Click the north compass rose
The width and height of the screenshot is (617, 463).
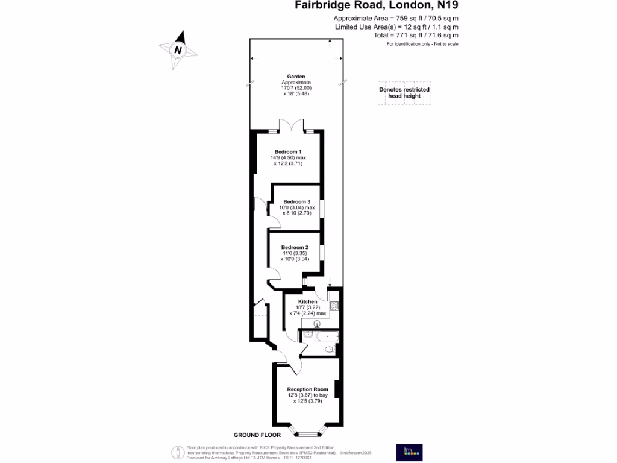coord(178,50)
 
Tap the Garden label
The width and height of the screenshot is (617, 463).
coord(296,77)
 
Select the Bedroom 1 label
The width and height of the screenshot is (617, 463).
coord(288,151)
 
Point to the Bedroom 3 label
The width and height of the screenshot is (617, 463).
coord(296,201)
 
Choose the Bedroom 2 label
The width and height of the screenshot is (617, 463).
coord(295,247)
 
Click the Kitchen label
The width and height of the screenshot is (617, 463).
coord(308,301)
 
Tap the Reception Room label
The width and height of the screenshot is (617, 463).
coord(307,389)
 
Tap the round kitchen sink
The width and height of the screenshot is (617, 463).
coord(318,324)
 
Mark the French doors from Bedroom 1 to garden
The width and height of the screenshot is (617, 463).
coord(292,126)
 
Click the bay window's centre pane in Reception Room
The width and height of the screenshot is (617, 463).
coord(311,433)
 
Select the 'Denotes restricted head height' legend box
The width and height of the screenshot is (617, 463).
coord(404,93)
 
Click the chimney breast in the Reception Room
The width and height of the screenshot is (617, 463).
coord(339,389)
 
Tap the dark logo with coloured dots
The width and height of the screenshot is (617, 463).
coord(409,452)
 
